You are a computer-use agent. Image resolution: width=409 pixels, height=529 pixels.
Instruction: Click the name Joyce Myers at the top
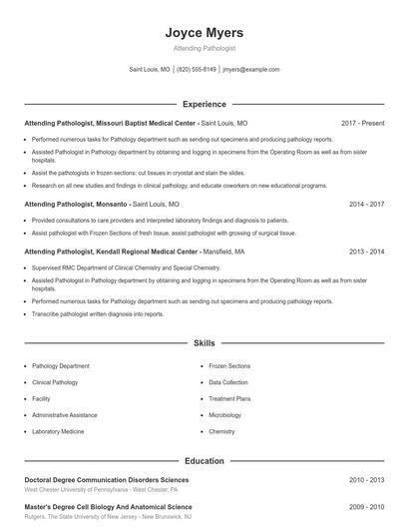204,33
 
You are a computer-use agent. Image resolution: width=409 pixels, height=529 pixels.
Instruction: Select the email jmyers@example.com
250,70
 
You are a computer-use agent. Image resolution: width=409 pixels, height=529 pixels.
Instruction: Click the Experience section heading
204,104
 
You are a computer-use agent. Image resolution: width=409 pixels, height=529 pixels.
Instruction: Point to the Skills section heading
204,343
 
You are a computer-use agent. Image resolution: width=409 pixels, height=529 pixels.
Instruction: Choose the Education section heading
204,461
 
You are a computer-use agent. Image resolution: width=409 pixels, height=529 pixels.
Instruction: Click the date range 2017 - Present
362,123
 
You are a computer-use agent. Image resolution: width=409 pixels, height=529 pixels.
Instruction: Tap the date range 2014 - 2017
366,204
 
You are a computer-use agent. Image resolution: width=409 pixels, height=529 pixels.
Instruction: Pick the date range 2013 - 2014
366,253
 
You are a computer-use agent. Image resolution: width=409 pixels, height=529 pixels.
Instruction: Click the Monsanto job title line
102,204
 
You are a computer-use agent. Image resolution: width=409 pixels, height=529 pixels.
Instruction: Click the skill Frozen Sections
229,366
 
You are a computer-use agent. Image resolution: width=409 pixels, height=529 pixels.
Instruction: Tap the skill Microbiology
224,415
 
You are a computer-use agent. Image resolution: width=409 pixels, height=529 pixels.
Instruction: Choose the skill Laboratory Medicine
58,431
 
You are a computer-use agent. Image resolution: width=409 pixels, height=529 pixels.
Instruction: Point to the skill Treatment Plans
229,398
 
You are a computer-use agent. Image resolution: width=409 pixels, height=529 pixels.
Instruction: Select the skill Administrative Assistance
65,415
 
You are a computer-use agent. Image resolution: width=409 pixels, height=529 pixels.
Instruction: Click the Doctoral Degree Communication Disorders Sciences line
106,480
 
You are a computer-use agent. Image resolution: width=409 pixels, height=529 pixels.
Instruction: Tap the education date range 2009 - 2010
366,507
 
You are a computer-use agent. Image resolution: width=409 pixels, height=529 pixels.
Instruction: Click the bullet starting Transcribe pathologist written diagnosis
98,313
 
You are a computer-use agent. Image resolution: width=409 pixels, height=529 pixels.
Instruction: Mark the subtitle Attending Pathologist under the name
204,49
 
